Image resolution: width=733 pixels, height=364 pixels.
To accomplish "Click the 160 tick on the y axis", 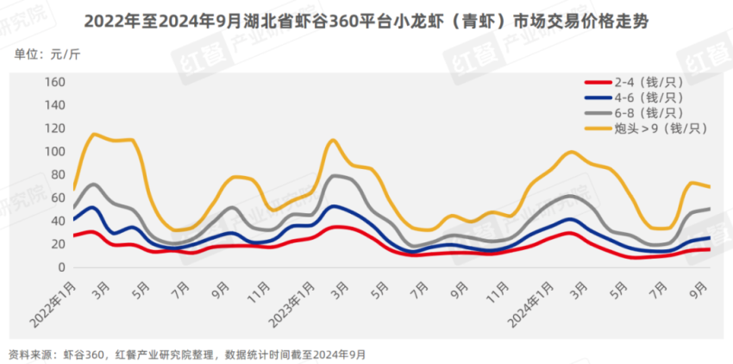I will pyautogui.click(x=54, y=82).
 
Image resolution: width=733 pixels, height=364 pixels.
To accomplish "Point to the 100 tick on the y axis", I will pyautogui.click(x=54, y=152).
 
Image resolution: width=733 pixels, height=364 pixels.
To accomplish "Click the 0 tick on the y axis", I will pyautogui.click(x=60, y=267).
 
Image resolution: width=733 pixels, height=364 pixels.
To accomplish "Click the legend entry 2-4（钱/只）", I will pyautogui.click(x=648, y=82).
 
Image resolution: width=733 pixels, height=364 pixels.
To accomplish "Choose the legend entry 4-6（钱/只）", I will pyautogui.click(x=648, y=97).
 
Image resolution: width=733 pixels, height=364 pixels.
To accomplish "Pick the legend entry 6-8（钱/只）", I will pyautogui.click(x=648, y=113).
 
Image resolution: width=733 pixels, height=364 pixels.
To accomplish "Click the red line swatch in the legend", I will pyautogui.click(x=597, y=82).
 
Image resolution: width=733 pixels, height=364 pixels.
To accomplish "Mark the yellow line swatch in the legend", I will pyautogui.click(x=597, y=129).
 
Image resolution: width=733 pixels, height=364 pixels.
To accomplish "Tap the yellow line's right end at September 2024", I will pyautogui.click(x=709, y=186).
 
